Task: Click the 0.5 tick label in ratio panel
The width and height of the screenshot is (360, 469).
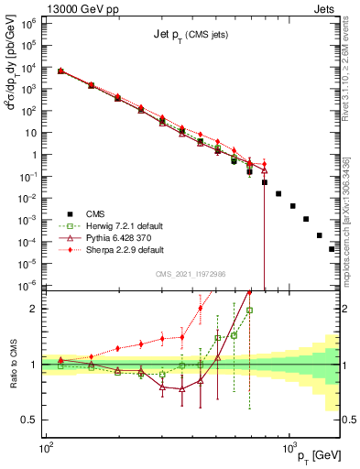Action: coord(28,420)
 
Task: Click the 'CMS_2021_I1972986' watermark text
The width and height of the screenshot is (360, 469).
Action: coord(190,274)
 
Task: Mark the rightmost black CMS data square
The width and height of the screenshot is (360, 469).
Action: coord(332,248)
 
